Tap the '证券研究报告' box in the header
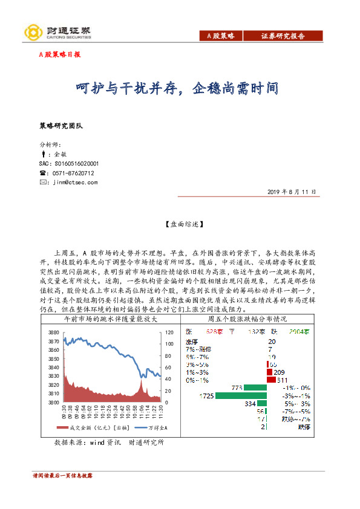tap(283, 37)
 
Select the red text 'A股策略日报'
tap(59, 54)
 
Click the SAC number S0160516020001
tap(76, 163)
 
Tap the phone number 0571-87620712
tap(74, 172)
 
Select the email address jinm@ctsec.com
tap(75, 181)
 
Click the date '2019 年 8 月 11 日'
tap(291, 192)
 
